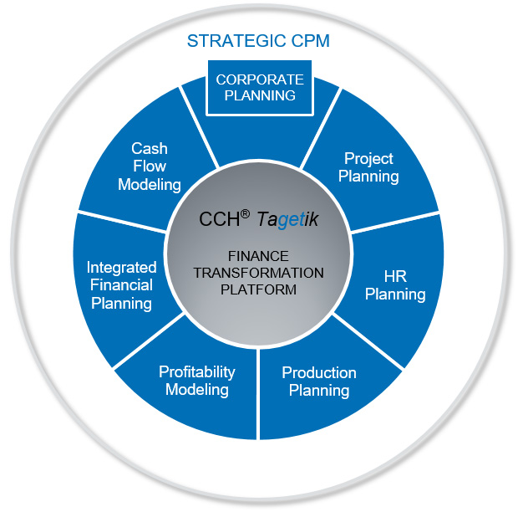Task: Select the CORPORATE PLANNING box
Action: coord(259,87)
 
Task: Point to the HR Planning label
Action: coord(395,284)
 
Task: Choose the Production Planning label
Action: coord(318,381)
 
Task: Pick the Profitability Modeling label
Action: coord(197,380)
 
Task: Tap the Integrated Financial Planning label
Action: coord(122,284)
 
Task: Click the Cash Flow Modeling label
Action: coord(150,166)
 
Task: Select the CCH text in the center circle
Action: coord(218,220)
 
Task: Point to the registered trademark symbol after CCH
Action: coord(245,213)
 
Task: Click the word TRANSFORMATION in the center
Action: coord(258,273)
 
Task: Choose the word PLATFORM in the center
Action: coord(258,289)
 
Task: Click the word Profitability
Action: coord(197,371)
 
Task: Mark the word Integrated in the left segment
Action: coord(122,268)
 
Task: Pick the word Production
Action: coord(318,372)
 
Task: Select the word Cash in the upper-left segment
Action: coord(150,148)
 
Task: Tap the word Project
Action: coord(368,158)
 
